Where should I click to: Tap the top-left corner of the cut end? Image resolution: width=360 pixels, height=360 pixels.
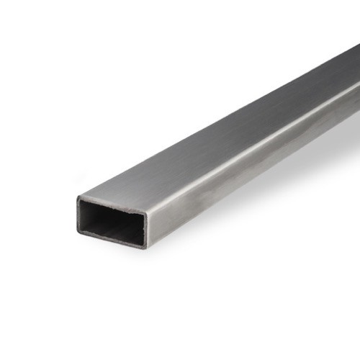(78, 197)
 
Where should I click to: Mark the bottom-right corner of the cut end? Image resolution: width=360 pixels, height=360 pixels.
(145, 248)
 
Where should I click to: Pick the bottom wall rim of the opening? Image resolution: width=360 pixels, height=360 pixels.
(112, 240)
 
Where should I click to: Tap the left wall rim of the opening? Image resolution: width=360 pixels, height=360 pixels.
(78, 213)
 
